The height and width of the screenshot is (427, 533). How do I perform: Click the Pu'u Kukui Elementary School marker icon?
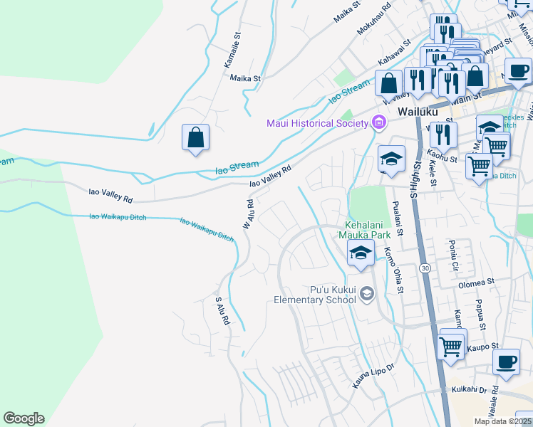(x=366, y=294)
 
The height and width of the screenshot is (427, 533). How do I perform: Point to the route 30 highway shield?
(x=425, y=268)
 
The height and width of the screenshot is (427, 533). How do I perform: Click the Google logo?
(x=24, y=418)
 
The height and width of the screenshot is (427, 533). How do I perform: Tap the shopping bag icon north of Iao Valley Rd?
(x=196, y=138)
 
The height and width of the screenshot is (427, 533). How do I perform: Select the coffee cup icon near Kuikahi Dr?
(x=507, y=362)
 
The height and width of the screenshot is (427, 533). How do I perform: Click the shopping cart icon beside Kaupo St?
(x=451, y=346)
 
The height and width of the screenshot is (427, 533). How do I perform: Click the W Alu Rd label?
(x=249, y=213)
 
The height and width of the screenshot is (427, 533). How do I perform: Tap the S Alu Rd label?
(x=222, y=311)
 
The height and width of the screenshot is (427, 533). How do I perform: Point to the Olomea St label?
(x=477, y=283)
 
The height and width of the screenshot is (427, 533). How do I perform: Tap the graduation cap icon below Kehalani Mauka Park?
(x=361, y=253)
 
